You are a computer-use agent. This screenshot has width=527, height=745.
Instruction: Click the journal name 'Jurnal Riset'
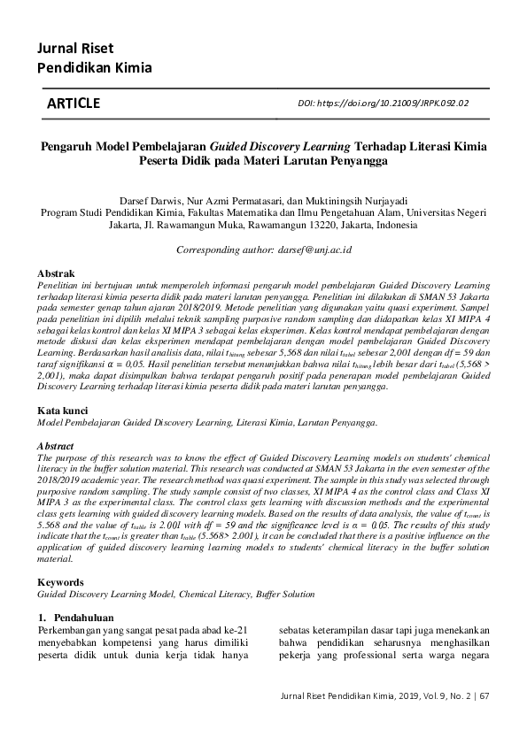click(74, 48)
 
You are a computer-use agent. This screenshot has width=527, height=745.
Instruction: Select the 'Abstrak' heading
click(56, 275)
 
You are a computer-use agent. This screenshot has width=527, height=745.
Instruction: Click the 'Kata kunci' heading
click(61, 411)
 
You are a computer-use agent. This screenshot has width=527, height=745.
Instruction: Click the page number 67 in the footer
click(484, 696)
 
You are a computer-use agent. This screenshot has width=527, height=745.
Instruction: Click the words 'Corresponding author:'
click(220, 250)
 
